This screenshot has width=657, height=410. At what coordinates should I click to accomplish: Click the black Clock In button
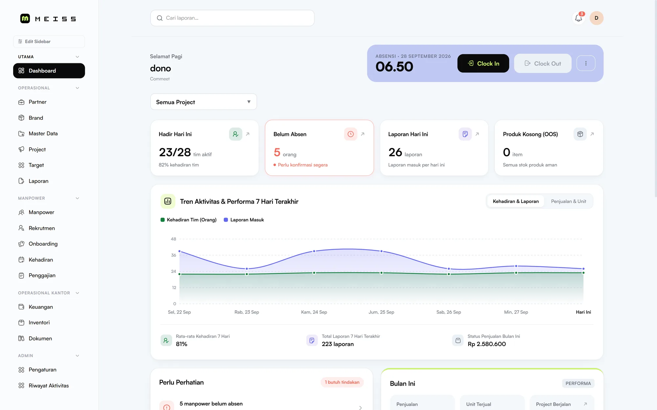pos(483,63)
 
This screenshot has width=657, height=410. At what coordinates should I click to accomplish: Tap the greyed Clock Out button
pos(543,63)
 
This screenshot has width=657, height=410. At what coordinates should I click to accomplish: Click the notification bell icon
pos(578,18)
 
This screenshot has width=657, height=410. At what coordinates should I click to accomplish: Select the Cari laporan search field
pos(232,18)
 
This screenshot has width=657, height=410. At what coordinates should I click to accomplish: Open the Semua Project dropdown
pos(204,102)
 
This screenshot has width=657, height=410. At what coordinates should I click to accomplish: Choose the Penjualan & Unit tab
pos(568,201)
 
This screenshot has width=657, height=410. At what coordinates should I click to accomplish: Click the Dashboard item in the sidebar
pos(49,71)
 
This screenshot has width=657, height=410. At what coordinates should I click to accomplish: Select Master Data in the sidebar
pos(43,133)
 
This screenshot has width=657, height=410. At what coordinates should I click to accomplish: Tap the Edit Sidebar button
pos(49,42)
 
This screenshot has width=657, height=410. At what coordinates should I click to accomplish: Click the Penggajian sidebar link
pos(42,276)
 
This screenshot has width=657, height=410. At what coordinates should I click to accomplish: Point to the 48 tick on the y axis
pos(173,239)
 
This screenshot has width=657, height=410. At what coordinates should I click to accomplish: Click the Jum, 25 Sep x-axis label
pos(381,312)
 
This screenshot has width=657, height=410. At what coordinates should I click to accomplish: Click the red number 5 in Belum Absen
pos(277,152)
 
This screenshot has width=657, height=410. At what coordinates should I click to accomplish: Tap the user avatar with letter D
pos(597,18)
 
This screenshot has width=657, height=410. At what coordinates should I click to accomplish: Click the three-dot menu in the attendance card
pos(586,63)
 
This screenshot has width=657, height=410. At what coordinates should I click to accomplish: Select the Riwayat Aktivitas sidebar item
pos(49,386)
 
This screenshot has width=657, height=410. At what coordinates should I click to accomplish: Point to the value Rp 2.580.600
pos(487,344)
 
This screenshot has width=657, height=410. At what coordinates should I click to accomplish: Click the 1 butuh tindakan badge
pos(342,382)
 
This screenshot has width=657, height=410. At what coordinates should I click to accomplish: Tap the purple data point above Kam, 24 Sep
pos(314,251)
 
